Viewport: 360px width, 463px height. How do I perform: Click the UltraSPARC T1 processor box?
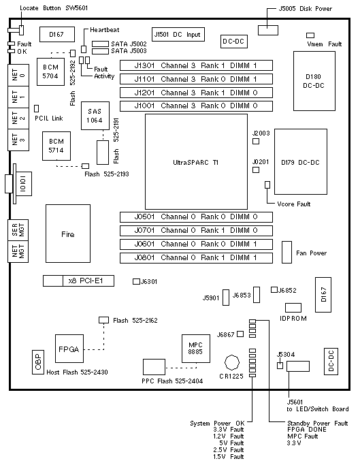click(x=196, y=161)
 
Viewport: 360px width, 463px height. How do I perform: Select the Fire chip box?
click(x=68, y=234)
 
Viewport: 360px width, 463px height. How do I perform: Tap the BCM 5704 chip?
click(x=50, y=71)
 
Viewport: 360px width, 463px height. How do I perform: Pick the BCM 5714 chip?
click(x=56, y=146)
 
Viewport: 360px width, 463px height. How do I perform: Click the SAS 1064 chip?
click(x=95, y=116)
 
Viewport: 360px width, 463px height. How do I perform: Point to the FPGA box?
click(x=69, y=349)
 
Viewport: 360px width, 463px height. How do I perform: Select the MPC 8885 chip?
click(x=195, y=349)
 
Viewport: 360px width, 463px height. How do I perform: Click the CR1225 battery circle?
click(x=232, y=362)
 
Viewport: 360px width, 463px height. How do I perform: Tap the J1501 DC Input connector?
click(x=178, y=35)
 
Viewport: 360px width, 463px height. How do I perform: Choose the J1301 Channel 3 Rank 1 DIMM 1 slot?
click(x=196, y=65)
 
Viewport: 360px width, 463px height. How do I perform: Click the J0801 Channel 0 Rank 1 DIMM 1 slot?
click(x=196, y=258)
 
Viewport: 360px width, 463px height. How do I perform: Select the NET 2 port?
click(x=18, y=118)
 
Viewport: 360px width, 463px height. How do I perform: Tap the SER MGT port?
click(x=18, y=230)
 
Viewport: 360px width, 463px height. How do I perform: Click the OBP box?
click(x=38, y=362)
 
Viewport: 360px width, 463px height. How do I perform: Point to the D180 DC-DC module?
click(x=314, y=81)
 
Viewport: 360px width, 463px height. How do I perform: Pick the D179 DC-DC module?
click(x=301, y=161)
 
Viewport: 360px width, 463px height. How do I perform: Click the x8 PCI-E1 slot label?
click(x=86, y=281)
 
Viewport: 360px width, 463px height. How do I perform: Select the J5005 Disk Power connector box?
click(x=268, y=30)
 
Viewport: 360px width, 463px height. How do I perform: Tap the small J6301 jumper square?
click(x=136, y=281)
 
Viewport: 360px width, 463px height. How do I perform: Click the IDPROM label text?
click(x=293, y=319)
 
